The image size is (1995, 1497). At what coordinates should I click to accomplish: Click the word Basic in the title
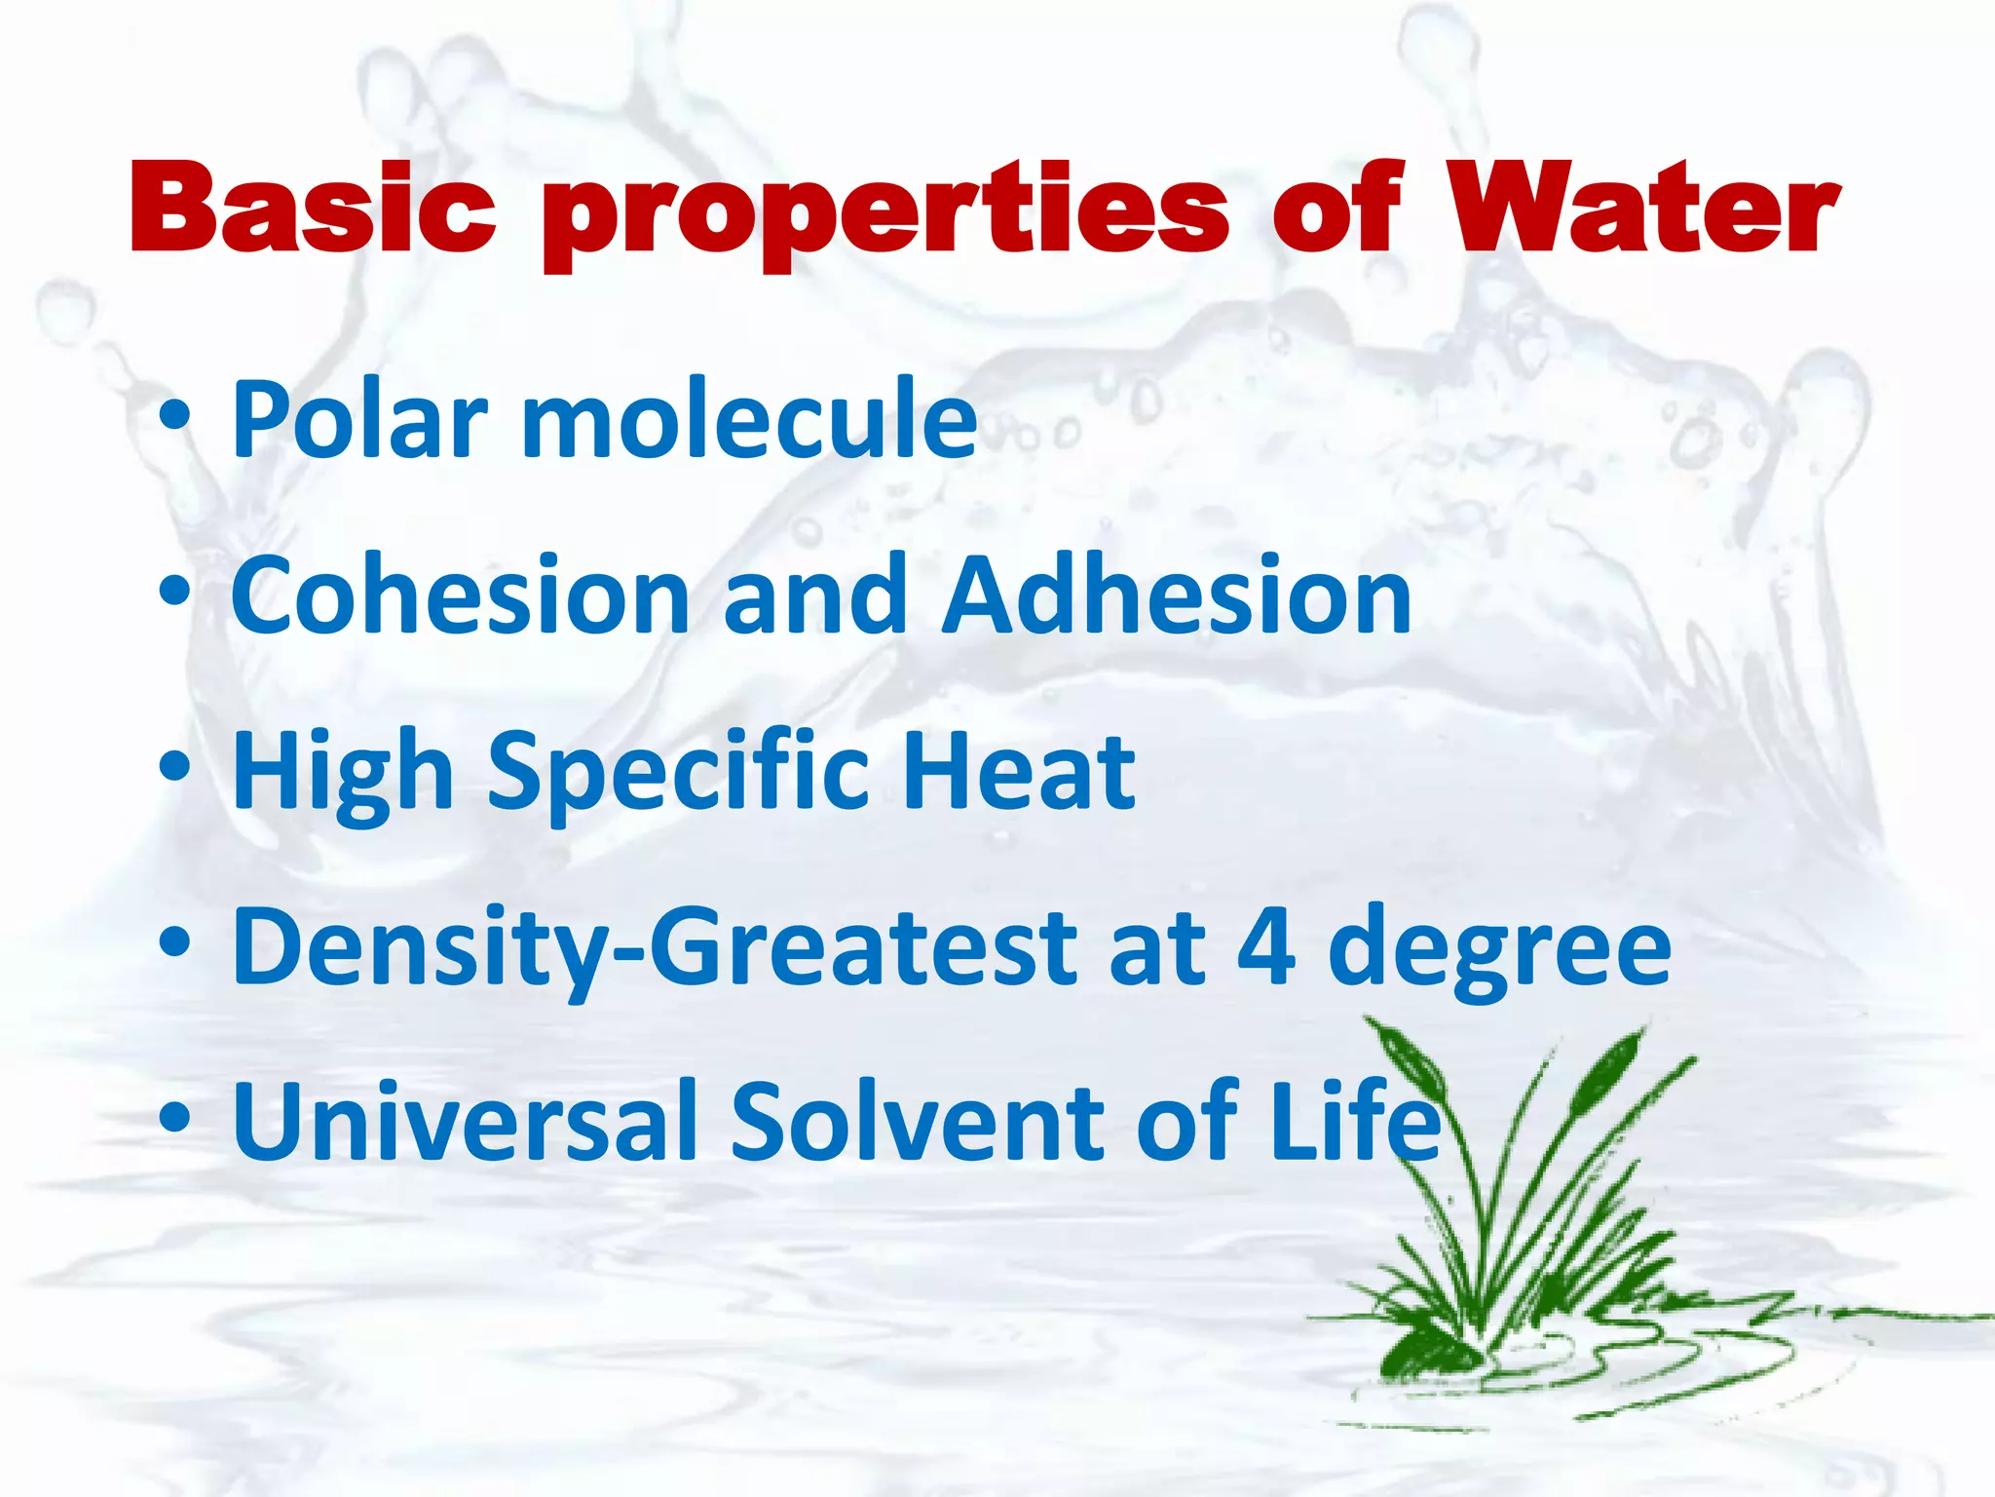pos(313,208)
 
